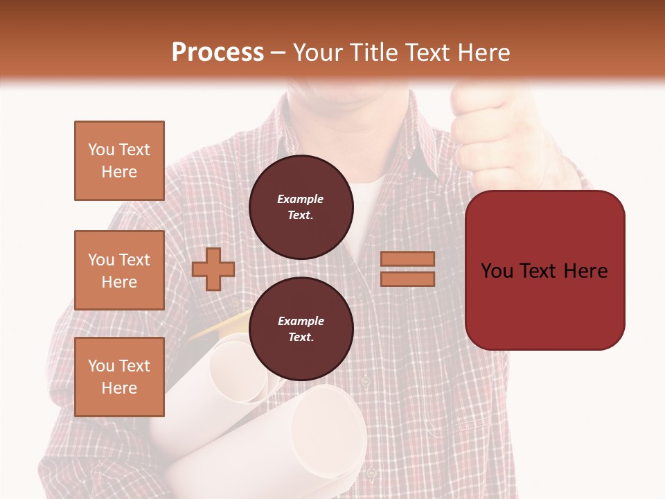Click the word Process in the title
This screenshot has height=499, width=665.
coord(218,53)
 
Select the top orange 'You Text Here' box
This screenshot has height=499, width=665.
coord(119,161)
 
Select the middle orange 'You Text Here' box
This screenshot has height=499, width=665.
coord(119,270)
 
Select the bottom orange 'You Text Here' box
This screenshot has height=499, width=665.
coord(119,377)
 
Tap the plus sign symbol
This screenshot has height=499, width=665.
coord(213,269)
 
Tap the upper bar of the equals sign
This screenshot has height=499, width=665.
coord(408,259)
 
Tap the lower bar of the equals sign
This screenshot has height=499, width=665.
coord(408,279)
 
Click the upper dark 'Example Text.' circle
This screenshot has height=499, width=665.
coord(301,207)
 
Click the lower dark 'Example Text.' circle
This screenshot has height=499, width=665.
coord(301,329)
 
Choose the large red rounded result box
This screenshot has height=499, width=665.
coord(544,270)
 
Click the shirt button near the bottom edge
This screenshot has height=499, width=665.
coord(371,473)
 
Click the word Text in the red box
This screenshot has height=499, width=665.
coord(544,270)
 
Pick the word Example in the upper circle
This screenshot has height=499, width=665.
coord(301,199)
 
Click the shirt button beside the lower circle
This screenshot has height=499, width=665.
coord(365,381)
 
